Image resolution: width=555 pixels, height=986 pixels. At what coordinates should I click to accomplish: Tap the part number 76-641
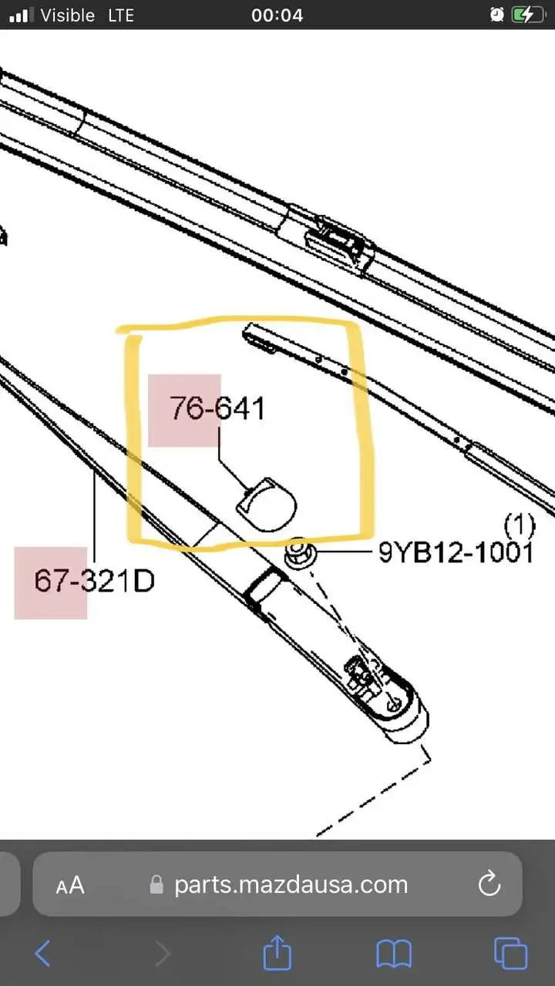click(217, 408)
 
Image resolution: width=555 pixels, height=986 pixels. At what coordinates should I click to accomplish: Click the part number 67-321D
click(94, 581)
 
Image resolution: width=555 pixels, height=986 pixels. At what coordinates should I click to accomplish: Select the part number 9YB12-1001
click(456, 552)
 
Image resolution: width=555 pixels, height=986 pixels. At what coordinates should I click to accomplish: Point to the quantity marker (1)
click(520, 525)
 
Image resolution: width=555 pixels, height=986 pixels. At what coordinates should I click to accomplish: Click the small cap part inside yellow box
click(266, 505)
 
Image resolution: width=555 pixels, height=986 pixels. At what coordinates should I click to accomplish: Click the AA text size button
click(70, 885)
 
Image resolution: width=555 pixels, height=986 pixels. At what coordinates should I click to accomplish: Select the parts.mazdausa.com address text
click(291, 885)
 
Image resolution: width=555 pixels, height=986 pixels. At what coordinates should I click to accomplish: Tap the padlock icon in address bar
click(156, 884)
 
